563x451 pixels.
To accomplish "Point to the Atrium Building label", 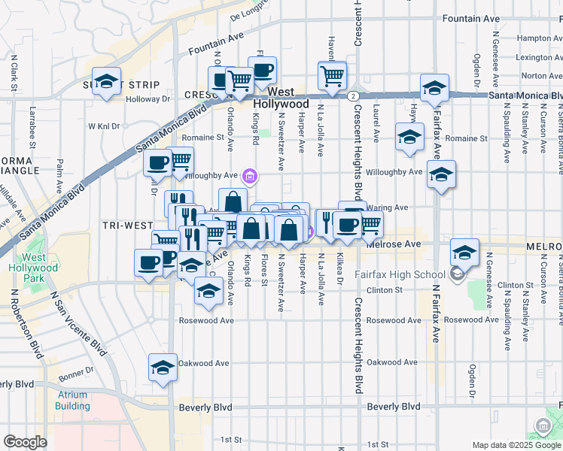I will click(72, 401).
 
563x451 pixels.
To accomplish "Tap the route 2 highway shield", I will click(352, 95).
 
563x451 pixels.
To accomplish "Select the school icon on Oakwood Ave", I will click(163, 368).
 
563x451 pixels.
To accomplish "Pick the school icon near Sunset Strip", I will click(107, 82).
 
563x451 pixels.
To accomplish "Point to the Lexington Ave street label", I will click(530, 57).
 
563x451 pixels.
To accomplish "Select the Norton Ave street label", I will click(533, 76).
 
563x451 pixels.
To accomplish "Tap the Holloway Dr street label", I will click(148, 98).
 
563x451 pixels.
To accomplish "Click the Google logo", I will click(25, 442).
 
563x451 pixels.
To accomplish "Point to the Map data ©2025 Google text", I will click(516, 445).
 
